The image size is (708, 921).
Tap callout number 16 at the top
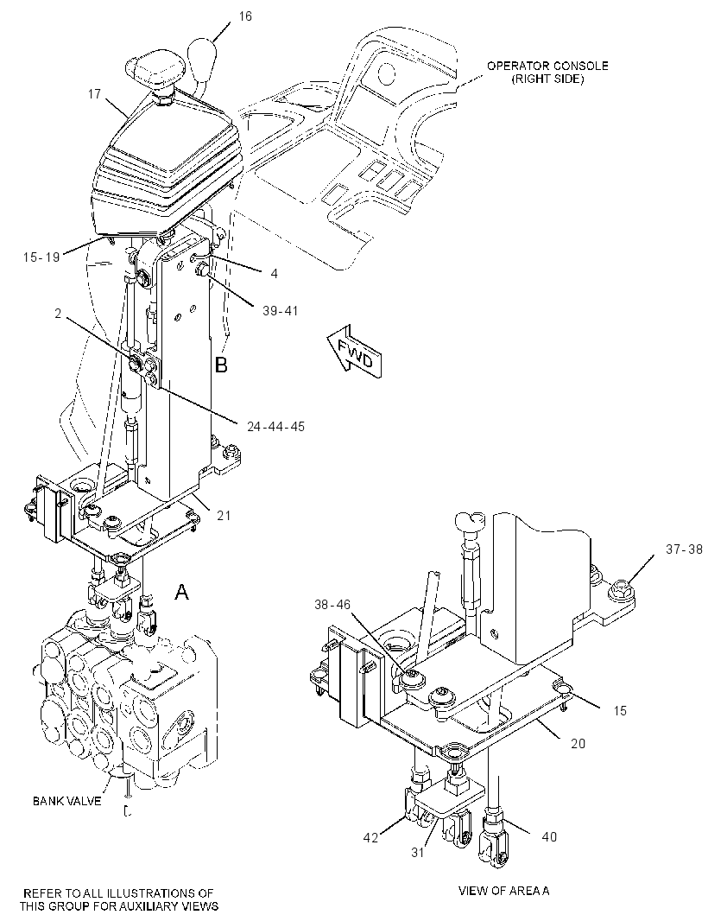[x=245, y=16]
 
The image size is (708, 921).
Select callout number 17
[x=94, y=93]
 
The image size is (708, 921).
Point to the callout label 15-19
[x=41, y=257]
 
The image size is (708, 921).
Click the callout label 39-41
[x=280, y=310]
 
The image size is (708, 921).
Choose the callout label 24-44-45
[x=276, y=427]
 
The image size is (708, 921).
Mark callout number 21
[x=224, y=515]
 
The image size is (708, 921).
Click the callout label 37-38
[x=684, y=549]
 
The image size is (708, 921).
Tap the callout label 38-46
[x=332, y=604]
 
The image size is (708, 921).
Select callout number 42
[x=371, y=837]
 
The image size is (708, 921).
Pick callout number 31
[x=417, y=852]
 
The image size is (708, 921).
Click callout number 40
[x=549, y=836]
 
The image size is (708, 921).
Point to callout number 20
[x=578, y=743]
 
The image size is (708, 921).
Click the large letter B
[x=221, y=365]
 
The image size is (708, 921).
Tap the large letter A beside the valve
[x=182, y=592]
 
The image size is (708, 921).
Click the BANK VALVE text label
[x=67, y=801]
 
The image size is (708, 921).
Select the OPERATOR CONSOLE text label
[x=547, y=73]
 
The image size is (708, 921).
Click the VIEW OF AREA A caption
[x=503, y=891]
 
